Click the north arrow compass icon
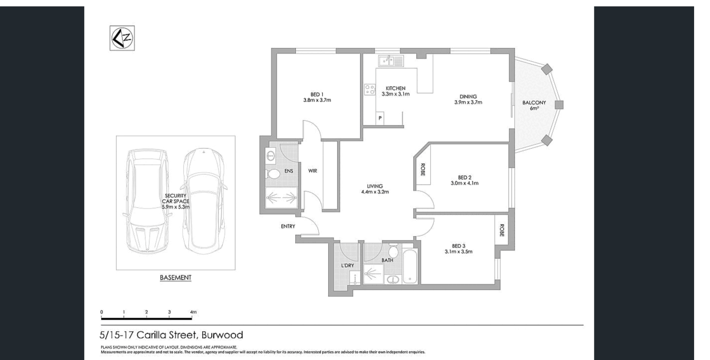click(122, 38)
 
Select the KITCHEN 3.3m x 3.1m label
click(395, 91)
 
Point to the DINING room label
click(468, 100)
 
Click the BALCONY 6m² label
click(534, 105)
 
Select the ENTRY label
click(288, 227)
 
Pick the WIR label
click(313, 171)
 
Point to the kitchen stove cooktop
click(370, 90)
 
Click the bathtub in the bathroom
click(410, 268)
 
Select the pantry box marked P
click(380, 119)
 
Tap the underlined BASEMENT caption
click(175, 277)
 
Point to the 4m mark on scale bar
click(193, 312)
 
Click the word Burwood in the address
click(222, 335)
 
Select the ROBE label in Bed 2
click(423, 170)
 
